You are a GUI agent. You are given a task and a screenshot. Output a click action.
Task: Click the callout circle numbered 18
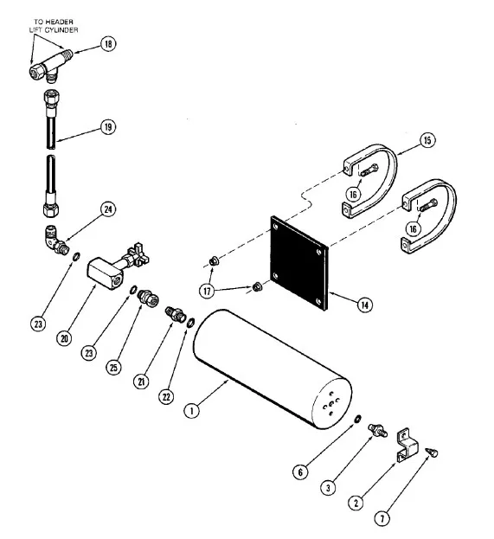108,44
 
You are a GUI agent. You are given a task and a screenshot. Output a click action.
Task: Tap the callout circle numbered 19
108,127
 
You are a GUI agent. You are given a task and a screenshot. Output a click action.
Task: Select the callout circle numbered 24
108,209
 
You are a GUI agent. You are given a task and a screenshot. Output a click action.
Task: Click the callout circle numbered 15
427,140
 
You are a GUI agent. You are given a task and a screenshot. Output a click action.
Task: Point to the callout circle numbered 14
365,305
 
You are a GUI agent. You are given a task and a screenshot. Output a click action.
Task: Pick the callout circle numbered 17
207,292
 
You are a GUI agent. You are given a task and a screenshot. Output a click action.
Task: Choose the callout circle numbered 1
192,410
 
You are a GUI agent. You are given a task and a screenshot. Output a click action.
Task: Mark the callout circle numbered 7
382,517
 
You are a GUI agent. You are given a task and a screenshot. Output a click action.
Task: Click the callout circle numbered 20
64,338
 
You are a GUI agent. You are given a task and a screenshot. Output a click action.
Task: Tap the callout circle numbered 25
113,368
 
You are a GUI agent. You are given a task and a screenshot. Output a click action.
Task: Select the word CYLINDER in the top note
61,30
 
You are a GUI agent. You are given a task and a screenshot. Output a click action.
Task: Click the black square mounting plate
299,263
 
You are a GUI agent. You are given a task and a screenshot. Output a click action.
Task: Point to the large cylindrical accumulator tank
273,369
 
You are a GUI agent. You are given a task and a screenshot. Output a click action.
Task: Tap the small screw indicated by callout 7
432,452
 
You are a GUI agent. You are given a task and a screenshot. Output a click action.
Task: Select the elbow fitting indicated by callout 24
55,240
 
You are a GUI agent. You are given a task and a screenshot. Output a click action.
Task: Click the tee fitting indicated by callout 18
50,67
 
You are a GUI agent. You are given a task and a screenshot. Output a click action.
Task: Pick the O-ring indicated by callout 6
358,419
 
